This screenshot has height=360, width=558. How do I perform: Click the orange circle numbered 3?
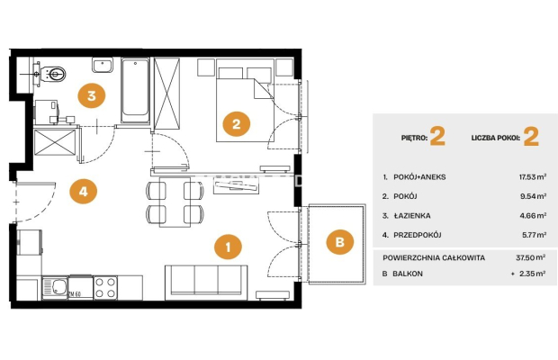[92, 95]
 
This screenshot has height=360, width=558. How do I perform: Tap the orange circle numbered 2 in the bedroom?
[237, 124]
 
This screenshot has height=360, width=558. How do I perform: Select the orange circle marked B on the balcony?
[340, 242]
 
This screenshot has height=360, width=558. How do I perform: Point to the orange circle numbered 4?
[84, 192]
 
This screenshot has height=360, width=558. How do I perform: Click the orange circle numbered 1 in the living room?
[228, 247]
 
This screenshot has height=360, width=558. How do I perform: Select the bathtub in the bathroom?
[135, 90]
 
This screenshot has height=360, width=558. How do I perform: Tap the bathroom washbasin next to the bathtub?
[103, 65]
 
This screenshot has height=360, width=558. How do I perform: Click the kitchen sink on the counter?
[55, 287]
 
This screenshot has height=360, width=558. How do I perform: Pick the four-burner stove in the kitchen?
[105, 287]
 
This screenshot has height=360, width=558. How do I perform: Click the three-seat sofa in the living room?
[206, 282]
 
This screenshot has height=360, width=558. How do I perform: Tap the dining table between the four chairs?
[175, 202]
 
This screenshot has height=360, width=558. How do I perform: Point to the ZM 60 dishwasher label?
[75, 294]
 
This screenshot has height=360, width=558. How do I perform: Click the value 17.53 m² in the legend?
[533, 176]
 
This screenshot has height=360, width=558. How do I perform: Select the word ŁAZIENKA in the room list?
[412, 216]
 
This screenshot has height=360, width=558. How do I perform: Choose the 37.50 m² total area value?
[531, 257]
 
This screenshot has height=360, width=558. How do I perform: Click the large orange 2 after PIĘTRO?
[437, 136]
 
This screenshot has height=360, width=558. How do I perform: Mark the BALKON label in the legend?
[408, 274]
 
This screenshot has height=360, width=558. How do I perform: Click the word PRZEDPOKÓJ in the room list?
[418, 235]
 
